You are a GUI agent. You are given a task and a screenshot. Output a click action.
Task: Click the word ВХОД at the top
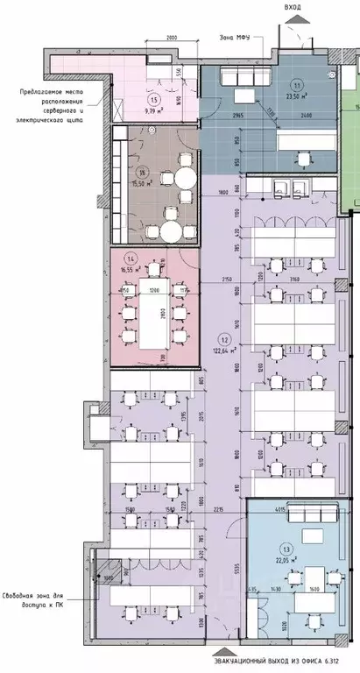(x=293, y=7)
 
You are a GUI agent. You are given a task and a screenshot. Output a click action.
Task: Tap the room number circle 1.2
(x=225, y=340)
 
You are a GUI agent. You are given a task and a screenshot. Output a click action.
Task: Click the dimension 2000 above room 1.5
(x=172, y=39)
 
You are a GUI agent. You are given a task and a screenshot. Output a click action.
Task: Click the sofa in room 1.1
(x=247, y=78)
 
